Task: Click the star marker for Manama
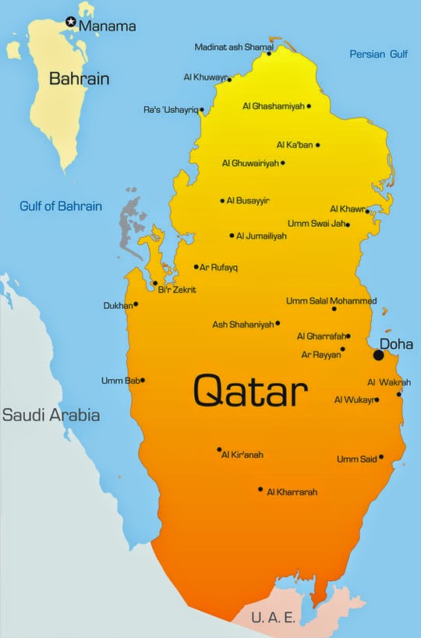point(71,23)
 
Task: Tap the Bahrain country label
point(79,79)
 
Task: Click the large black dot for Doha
point(379,355)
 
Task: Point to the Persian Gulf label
point(378,54)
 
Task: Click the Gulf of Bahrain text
point(61,207)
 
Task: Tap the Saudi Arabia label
point(51,415)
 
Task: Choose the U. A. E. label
point(274,618)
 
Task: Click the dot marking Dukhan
point(136,304)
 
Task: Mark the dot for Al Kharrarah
point(260,490)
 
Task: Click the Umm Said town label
point(356,459)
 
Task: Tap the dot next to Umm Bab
point(142,381)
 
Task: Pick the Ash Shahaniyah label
point(242,324)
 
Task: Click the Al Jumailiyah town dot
point(232,236)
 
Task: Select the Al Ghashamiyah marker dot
point(309,106)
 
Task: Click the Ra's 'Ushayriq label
point(169,110)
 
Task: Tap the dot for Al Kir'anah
point(219,450)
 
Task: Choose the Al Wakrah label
point(384,382)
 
